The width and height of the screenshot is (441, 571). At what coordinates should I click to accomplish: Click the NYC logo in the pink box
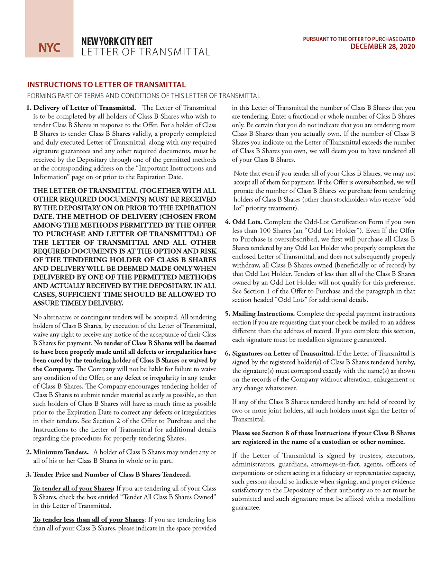pyautogui.click(x=49, y=47)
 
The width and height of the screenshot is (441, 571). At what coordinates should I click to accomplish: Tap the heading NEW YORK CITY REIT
pyautogui.click(x=117, y=42)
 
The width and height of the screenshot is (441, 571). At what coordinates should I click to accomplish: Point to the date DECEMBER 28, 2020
pyautogui.click(x=383, y=47)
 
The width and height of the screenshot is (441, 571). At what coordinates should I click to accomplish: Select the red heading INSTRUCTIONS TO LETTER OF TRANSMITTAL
pyautogui.click(x=106, y=85)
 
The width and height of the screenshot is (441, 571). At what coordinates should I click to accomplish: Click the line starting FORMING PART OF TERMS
pyautogui.click(x=144, y=96)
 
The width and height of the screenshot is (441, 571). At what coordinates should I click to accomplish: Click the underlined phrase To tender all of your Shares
pyautogui.click(x=73, y=488)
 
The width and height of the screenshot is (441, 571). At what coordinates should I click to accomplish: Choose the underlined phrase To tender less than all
pyautogui.click(x=89, y=519)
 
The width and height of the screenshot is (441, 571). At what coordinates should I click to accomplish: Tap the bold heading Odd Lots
pyautogui.click(x=247, y=222)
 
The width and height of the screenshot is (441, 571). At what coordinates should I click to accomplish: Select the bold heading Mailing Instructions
pyautogui.click(x=263, y=314)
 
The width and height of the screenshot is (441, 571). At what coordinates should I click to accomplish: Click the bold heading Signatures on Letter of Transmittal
pyautogui.click(x=283, y=353)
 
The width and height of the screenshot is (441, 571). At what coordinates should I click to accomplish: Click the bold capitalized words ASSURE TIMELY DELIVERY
pyautogui.click(x=78, y=303)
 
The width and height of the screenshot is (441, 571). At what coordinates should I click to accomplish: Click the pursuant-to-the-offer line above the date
pyautogui.click(x=359, y=39)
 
